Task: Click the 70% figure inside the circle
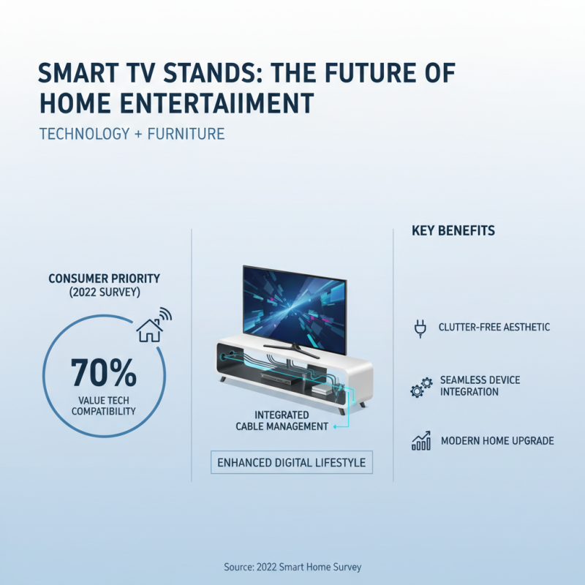104,372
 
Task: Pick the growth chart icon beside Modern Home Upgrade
420,441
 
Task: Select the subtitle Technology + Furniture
132,134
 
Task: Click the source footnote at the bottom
292,567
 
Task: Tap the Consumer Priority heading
104,279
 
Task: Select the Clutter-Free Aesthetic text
494,328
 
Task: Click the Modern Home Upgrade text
497,441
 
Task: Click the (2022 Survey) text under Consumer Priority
103,292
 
